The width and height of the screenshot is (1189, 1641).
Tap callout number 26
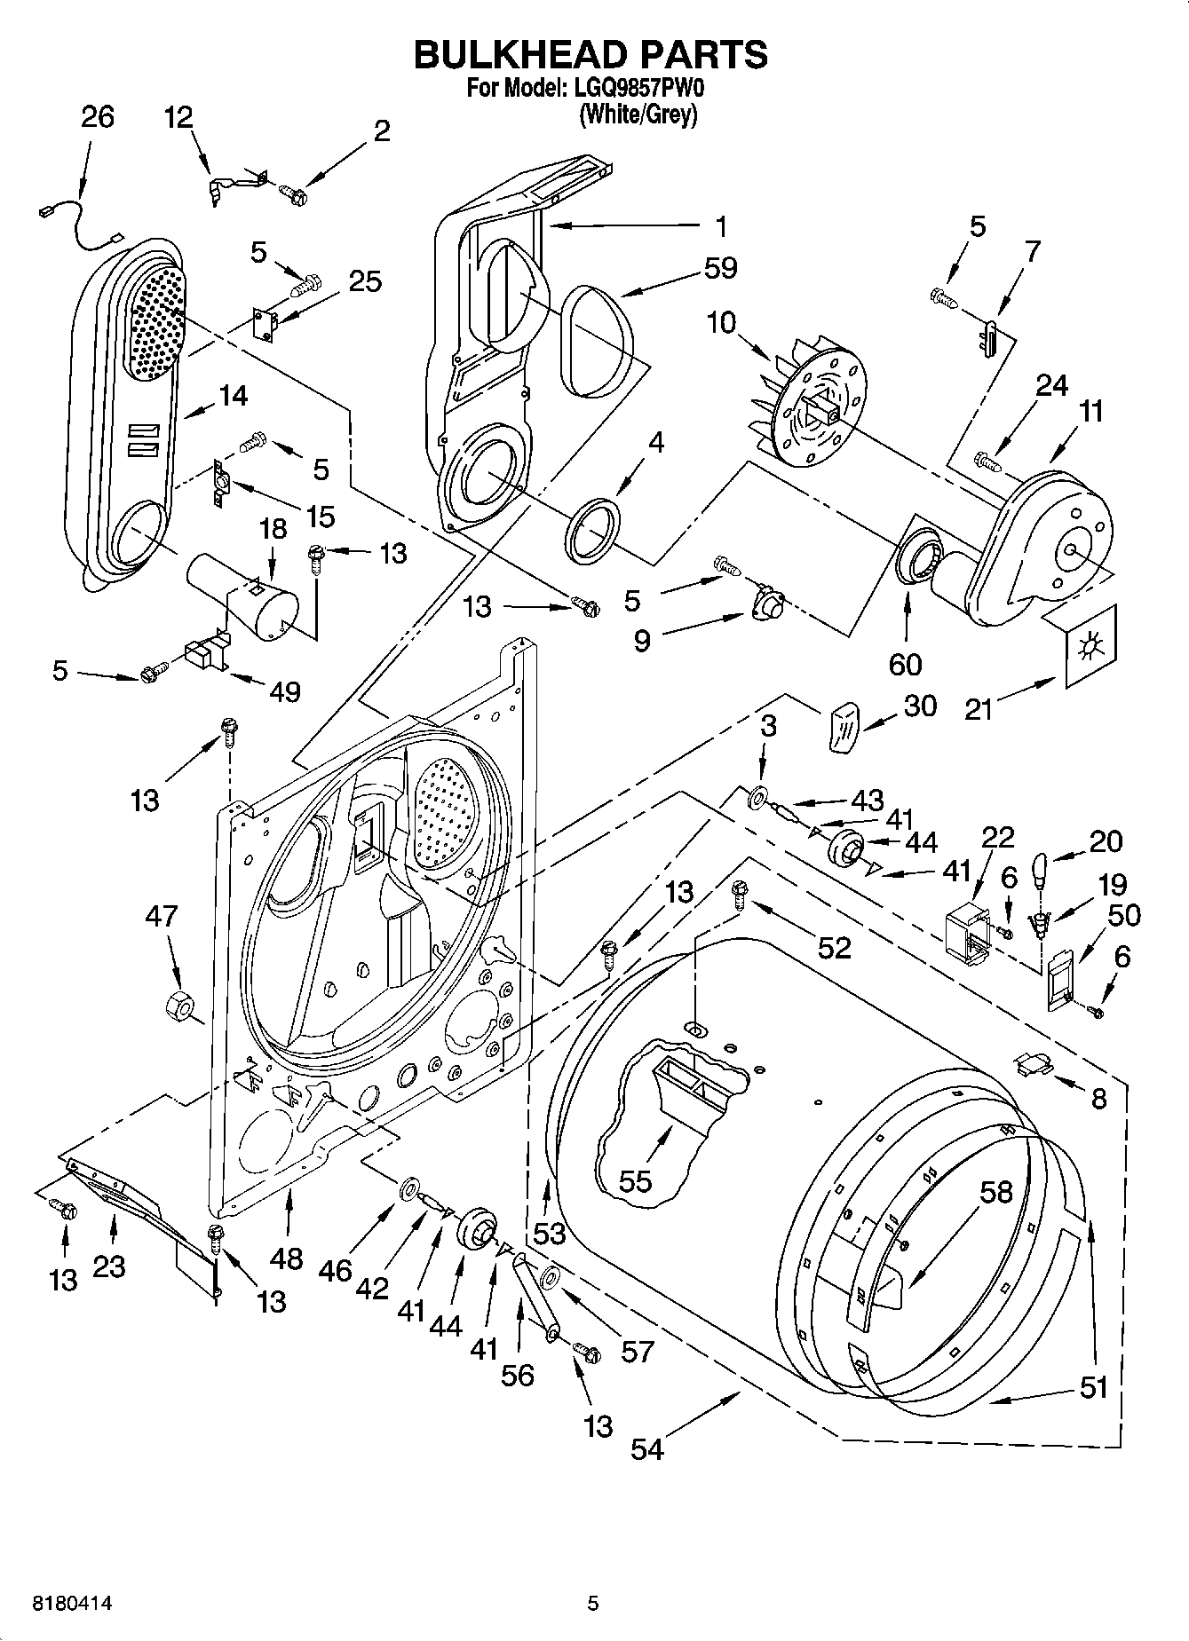tap(98, 117)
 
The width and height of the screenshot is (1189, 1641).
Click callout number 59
tap(720, 267)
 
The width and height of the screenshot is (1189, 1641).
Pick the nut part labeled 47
tap(180, 1005)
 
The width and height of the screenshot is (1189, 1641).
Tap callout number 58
tap(995, 1191)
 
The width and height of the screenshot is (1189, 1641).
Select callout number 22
tap(997, 837)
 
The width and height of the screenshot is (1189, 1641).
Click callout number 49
tap(286, 690)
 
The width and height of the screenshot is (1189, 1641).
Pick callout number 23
tap(108, 1267)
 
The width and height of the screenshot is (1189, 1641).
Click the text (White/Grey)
tap(638, 114)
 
